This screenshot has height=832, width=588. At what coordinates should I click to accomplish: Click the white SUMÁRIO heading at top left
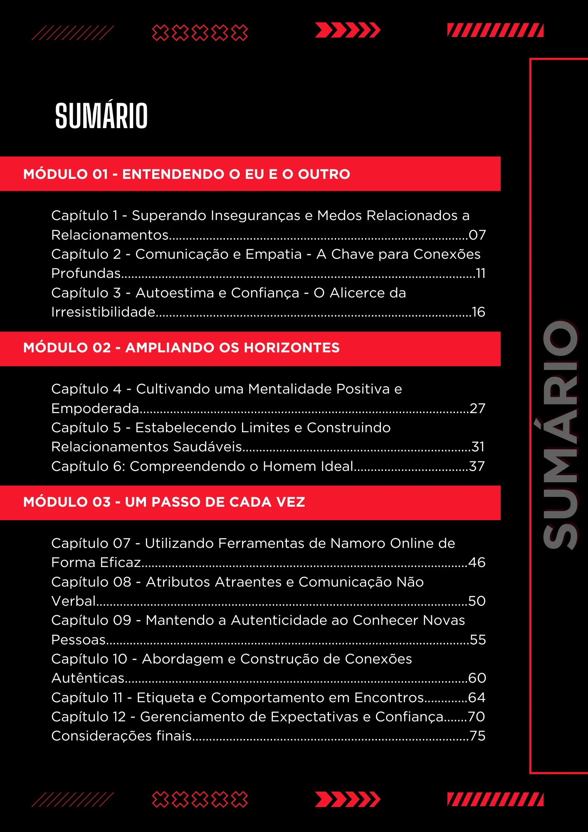click(x=101, y=116)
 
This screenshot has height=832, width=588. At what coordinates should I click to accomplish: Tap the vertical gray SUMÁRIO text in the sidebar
click(x=561, y=435)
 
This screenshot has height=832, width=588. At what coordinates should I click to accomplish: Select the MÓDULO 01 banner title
click(x=187, y=174)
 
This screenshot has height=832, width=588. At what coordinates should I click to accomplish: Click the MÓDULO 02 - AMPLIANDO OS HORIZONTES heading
click(x=181, y=347)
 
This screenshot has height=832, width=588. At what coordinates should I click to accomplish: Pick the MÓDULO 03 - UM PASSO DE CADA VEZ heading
click(x=164, y=502)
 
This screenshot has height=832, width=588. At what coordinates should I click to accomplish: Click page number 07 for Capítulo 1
click(x=477, y=235)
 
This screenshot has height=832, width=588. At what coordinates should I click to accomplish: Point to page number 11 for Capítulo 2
click(x=480, y=273)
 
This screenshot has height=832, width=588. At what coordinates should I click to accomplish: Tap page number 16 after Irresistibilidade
click(x=478, y=312)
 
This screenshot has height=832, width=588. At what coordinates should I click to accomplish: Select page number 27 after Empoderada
click(x=477, y=409)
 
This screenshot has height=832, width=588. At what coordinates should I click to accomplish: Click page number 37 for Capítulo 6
click(x=477, y=466)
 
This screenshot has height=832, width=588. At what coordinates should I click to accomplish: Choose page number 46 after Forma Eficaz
click(x=477, y=562)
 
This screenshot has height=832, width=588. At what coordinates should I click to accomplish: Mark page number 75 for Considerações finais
click(x=478, y=736)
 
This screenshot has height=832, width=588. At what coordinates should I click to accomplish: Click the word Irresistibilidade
click(x=103, y=312)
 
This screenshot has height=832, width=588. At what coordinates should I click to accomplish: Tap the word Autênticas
click(x=88, y=678)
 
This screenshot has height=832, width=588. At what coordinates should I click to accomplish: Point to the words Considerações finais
click(x=121, y=736)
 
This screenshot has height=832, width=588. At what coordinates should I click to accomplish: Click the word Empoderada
click(x=95, y=409)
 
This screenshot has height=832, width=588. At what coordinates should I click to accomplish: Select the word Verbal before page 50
click(x=74, y=601)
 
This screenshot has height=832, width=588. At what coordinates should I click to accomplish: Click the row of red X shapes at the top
click(x=200, y=32)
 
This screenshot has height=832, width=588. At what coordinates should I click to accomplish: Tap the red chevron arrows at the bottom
click(x=348, y=799)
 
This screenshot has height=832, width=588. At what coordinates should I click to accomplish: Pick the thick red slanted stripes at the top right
click(x=495, y=30)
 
